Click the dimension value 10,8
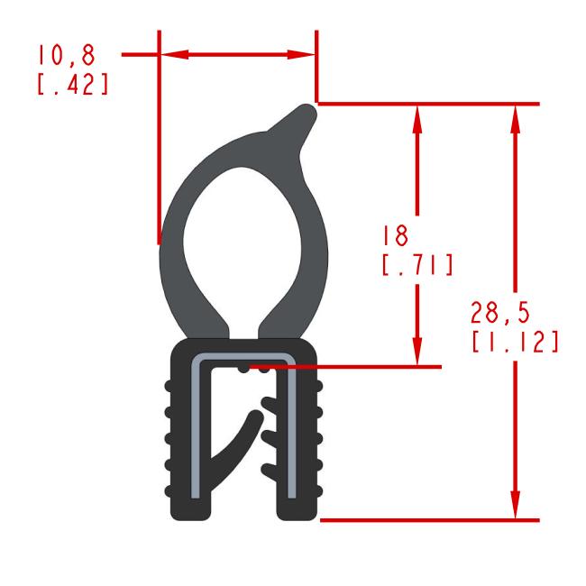(x=65, y=56)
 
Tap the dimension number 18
(x=394, y=236)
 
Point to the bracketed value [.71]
(x=417, y=267)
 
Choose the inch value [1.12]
(x=513, y=343)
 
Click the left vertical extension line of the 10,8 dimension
(x=159, y=144)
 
